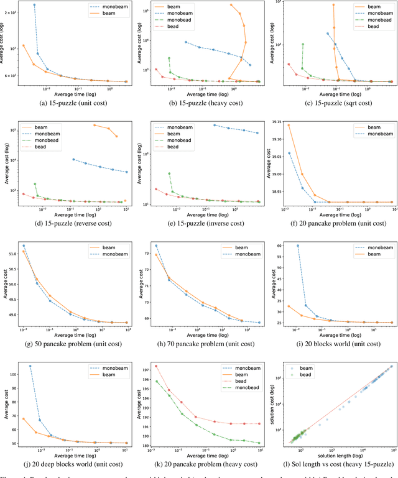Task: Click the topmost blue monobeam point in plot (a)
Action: (34, 5)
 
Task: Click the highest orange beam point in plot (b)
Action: (232, 5)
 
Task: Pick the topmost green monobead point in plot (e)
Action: (170, 173)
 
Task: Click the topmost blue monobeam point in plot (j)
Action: (30, 366)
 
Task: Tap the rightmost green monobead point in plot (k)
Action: (259, 443)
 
